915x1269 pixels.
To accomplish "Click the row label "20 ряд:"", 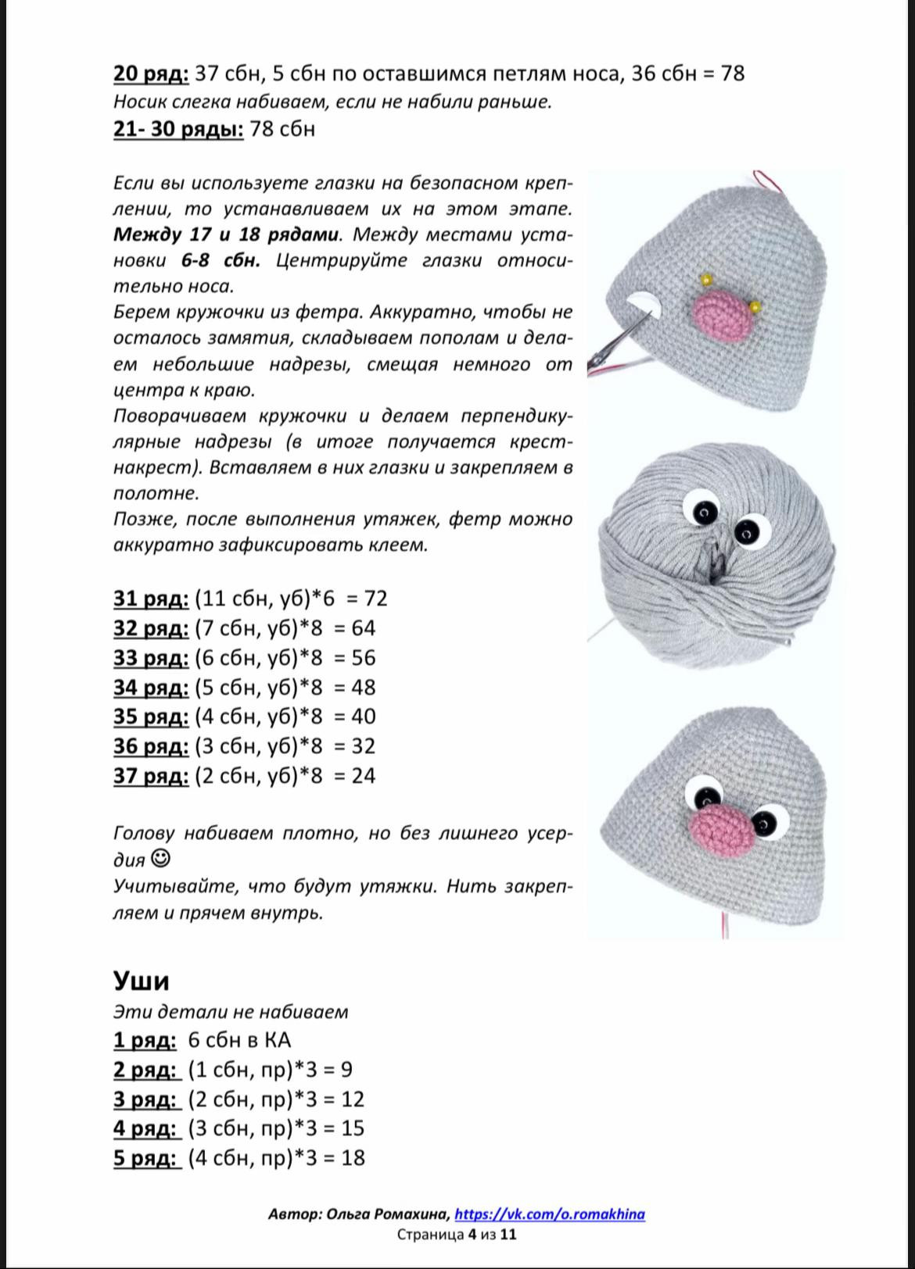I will click(x=151, y=73).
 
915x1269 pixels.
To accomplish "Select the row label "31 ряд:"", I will click(x=151, y=599).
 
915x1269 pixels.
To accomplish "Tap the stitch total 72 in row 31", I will click(x=375, y=599).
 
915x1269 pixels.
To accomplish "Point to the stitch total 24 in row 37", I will click(x=363, y=776).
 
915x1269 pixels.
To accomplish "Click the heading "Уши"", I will click(x=141, y=981).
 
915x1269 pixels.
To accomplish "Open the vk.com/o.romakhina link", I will click(x=549, y=1214).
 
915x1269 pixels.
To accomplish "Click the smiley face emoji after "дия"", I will click(x=160, y=859).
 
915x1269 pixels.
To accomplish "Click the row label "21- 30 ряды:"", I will click(x=178, y=129).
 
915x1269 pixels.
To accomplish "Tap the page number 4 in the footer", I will click(x=472, y=1235).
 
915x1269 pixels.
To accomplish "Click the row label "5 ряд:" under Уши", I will click(x=145, y=1157).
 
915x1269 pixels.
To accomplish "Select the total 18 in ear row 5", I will click(x=353, y=1157).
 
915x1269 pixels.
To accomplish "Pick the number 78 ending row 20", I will click(x=732, y=73).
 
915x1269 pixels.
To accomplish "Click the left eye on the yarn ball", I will click(x=703, y=510).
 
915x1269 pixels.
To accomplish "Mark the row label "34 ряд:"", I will click(x=151, y=688).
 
